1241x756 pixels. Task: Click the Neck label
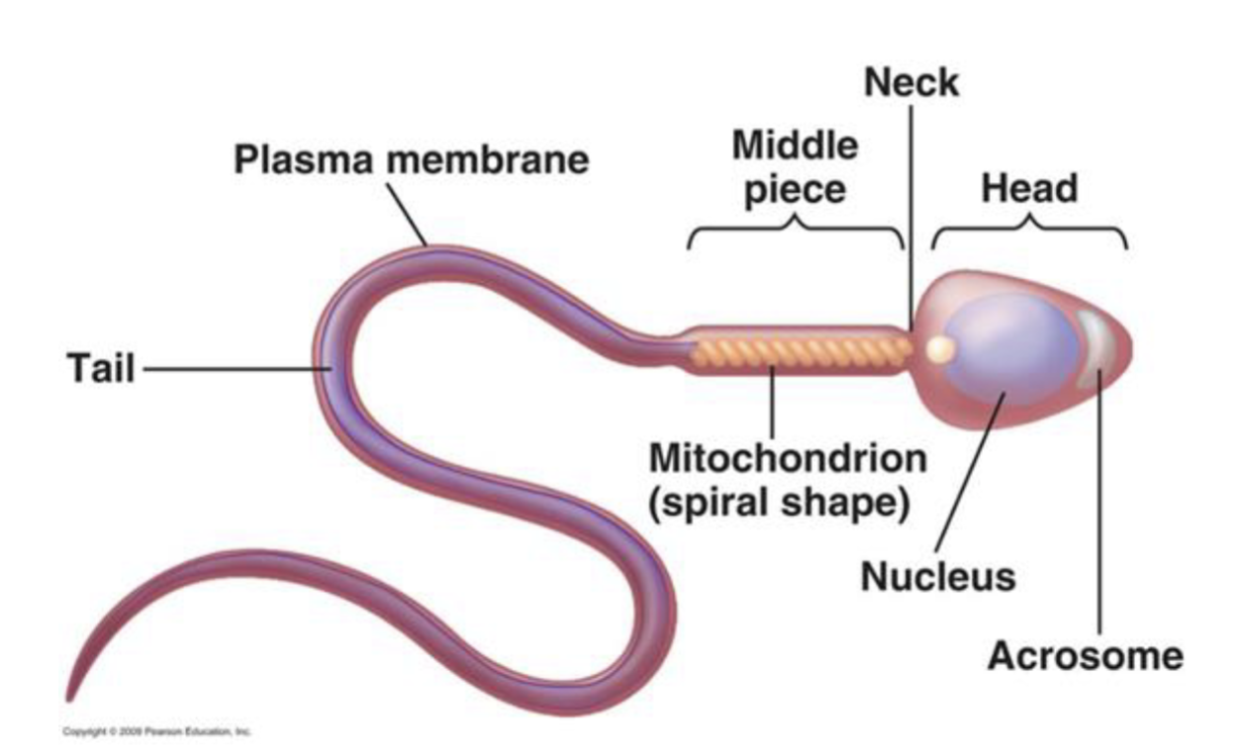coord(911,84)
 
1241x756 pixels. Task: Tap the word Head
coord(1028,187)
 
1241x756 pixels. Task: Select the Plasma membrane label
coord(411,159)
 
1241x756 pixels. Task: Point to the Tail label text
coord(101,370)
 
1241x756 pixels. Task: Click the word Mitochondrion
coord(788,460)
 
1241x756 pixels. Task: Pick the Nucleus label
coord(937,576)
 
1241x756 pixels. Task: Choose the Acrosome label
coord(1085,655)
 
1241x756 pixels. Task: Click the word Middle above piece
coord(795,146)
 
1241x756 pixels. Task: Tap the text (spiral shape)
coord(778,502)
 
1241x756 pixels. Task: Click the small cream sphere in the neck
coord(939,348)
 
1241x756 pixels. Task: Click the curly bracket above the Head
coord(1029,233)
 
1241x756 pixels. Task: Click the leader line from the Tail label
coord(238,370)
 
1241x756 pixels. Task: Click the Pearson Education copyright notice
coord(157,731)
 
